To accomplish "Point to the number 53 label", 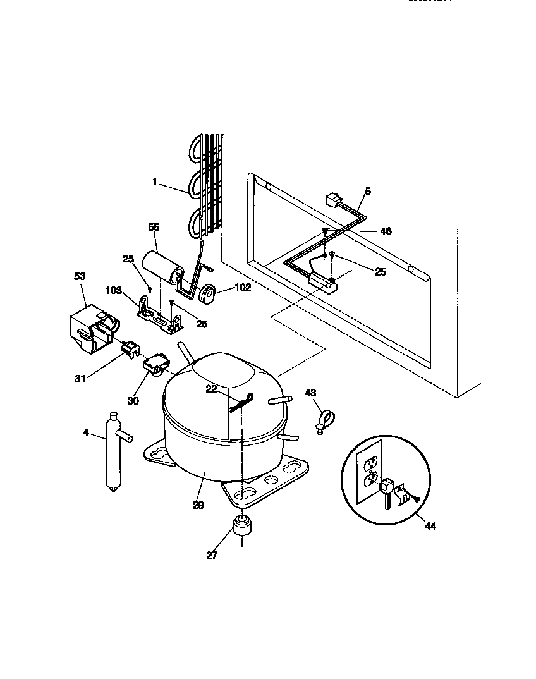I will tap(79, 276).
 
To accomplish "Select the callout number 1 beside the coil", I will tap(154, 182).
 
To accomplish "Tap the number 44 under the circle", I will tap(430, 525).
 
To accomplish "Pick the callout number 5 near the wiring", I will tap(368, 190).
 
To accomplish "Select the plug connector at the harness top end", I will tap(330, 200).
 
